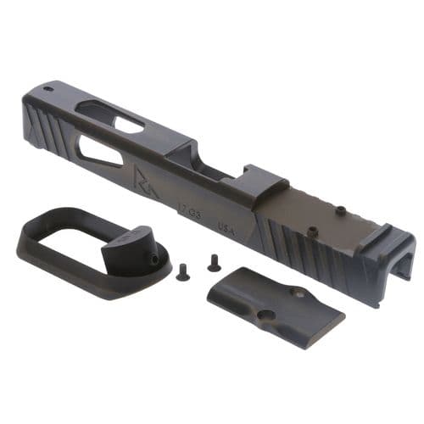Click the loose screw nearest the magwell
point(181,273)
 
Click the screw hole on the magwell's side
point(157,254)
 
